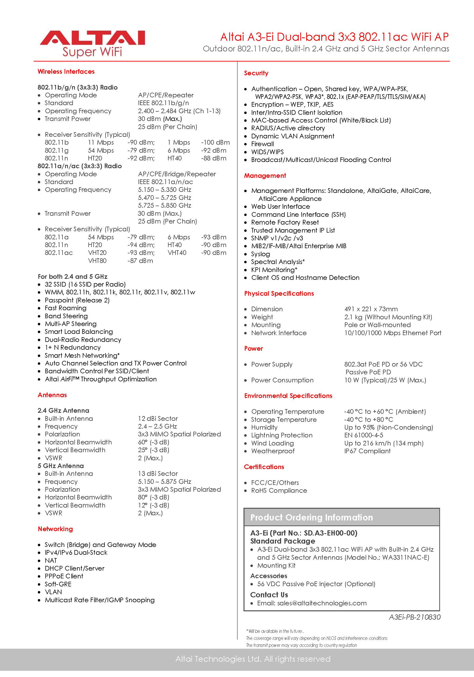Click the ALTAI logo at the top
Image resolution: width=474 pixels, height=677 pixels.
[92, 43]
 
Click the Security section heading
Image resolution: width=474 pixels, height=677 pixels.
[256, 73]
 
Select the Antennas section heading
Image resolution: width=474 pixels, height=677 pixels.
[52, 395]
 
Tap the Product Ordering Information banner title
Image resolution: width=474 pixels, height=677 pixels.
[311, 517]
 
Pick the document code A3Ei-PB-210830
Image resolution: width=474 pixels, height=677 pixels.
[415, 617]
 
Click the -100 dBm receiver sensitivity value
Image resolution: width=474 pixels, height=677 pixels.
[215, 143]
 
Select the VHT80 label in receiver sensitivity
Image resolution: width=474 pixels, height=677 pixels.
[97, 261]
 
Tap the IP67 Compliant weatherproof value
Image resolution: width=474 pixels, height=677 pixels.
[367, 451]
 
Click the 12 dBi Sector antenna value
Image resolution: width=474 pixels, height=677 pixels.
[158, 418]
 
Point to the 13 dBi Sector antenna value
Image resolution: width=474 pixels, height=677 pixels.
[158, 473]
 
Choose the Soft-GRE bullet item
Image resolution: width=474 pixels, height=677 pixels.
[58, 584]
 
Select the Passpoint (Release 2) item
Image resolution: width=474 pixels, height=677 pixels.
[77, 300]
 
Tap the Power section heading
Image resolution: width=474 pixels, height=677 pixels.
[253, 349]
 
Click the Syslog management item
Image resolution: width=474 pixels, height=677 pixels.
[260, 254]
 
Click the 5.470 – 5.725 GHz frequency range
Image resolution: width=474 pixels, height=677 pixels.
[164, 198]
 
